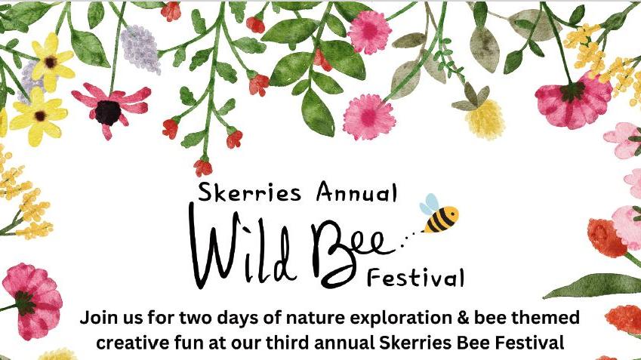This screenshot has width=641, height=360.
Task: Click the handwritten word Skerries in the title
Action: point(249,192)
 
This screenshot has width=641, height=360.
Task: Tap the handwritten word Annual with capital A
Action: point(356,191)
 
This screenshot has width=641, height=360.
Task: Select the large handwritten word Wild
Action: point(242,245)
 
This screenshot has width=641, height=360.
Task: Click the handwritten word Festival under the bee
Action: point(415,277)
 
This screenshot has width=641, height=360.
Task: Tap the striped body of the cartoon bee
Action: point(441,219)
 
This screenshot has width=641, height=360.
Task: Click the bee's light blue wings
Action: point(430,204)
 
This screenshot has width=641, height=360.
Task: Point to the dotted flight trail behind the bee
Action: point(410,238)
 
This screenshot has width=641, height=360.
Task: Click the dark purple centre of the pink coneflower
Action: point(108,112)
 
